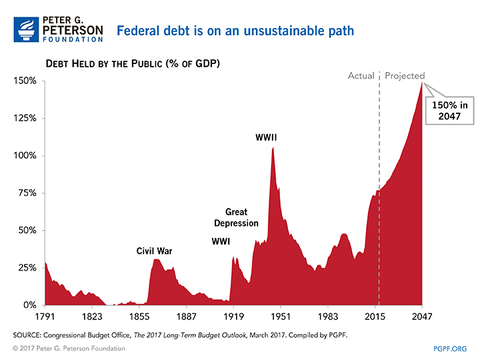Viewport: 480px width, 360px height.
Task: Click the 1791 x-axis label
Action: [45, 317]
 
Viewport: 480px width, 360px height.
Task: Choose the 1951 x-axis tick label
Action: [281, 317]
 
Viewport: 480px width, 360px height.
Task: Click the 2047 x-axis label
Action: [422, 317]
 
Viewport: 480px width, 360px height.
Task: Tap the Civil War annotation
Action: [155, 251]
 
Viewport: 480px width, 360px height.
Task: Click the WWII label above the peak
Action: [266, 138]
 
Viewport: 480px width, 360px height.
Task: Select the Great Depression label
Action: [236, 218]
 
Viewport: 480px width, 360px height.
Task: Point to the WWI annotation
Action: [222, 241]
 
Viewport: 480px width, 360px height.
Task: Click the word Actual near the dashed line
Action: [361, 76]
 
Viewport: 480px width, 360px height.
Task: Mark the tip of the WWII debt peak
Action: [273, 147]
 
